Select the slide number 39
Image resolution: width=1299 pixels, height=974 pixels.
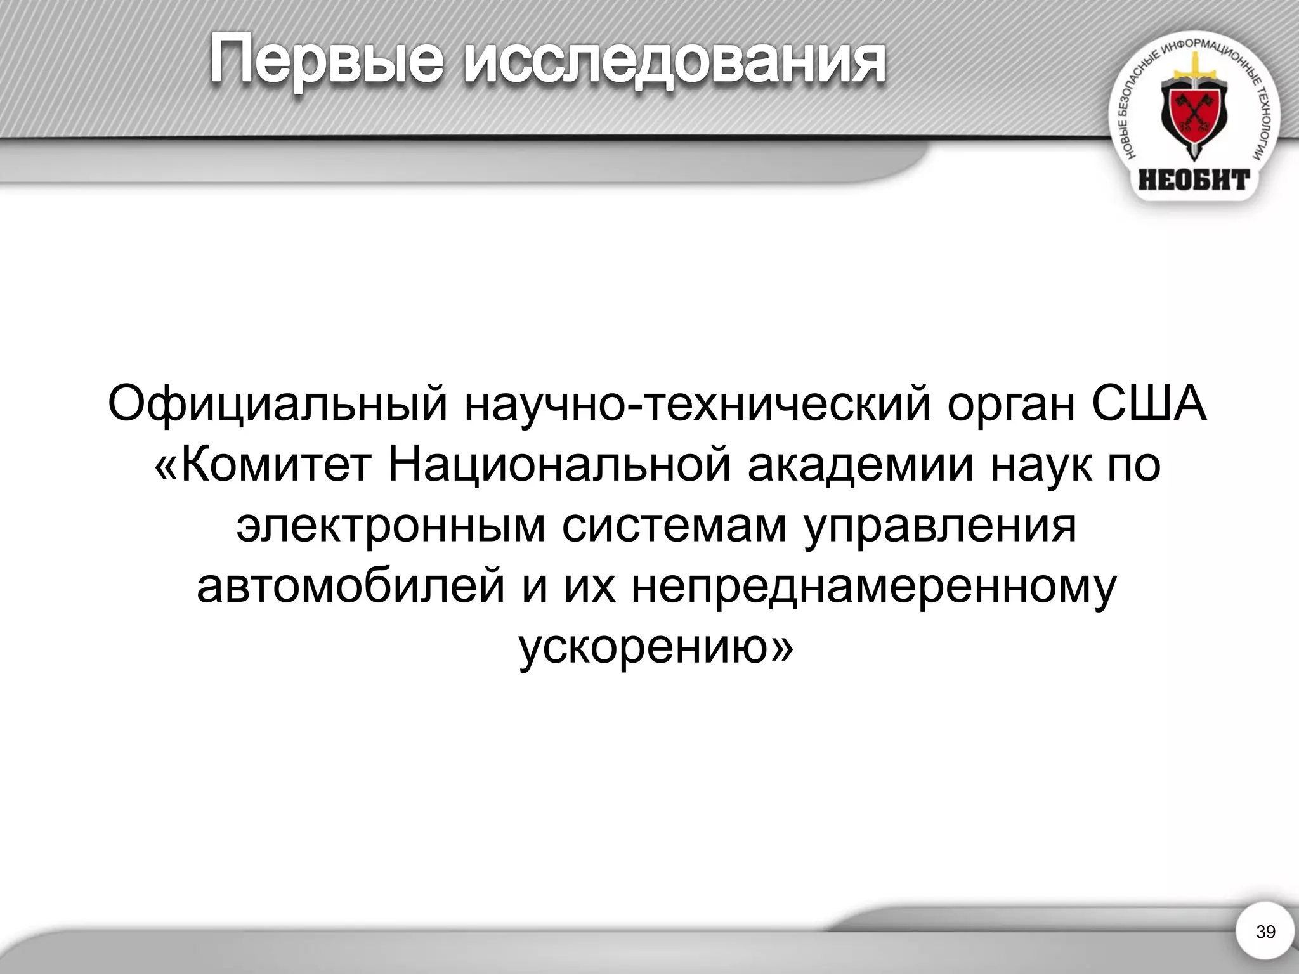point(1265,932)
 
